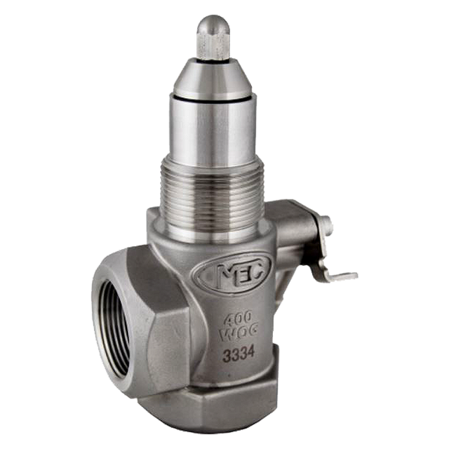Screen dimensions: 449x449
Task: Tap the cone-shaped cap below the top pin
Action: pos(213,76)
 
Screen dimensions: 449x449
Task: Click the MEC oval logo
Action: pos(232,273)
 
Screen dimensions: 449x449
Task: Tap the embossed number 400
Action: pos(237,318)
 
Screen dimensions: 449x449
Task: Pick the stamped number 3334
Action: pos(239,355)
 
